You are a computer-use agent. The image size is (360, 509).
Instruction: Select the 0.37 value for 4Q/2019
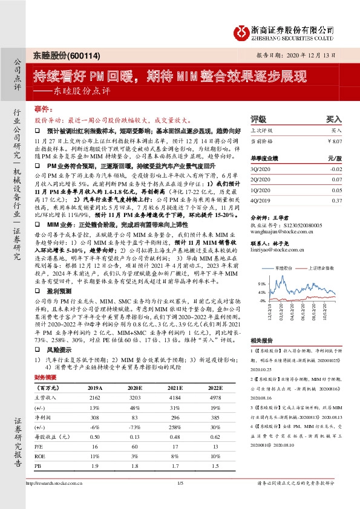pyautogui.click(x=336, y=199)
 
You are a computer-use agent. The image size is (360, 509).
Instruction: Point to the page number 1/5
pyautogui.click(x=180, y=500)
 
